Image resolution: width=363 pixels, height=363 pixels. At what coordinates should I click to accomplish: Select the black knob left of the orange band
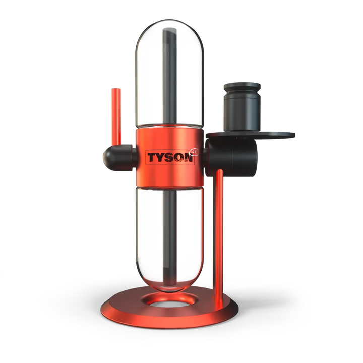114,158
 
